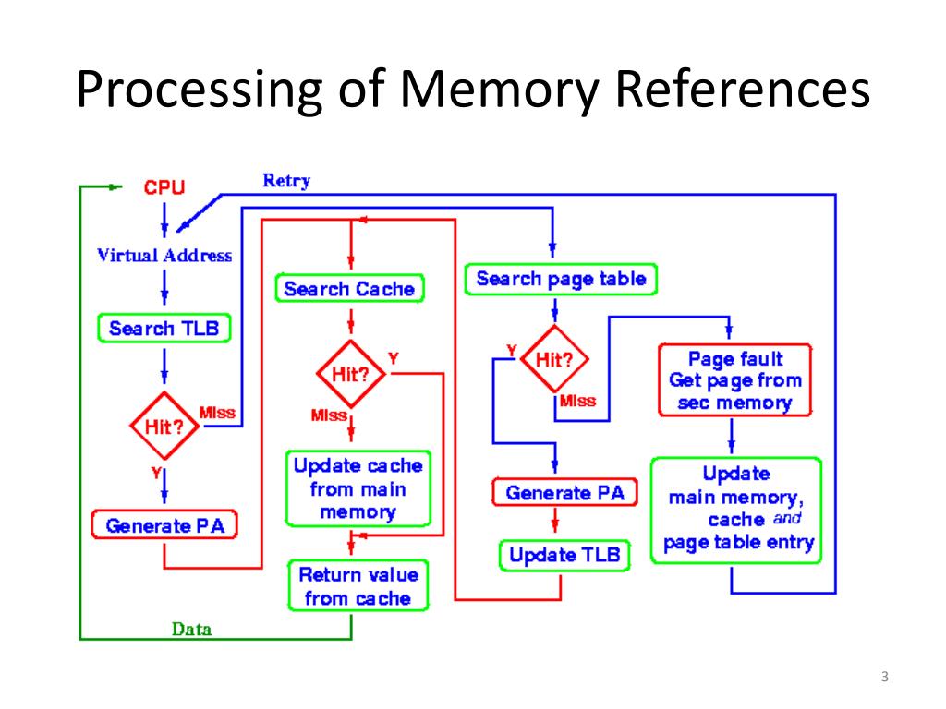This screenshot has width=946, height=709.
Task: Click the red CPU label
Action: pos(164,187)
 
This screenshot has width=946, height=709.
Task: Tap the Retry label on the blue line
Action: pos(286,180)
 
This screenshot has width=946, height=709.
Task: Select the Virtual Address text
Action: pos(164,256)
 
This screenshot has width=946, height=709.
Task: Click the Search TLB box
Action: pos(164,329)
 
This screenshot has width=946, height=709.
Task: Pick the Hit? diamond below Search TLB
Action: pos(164,426)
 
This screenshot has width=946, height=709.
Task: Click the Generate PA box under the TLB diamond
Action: pos(164,525)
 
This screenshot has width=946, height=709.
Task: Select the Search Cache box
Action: pos(350,289)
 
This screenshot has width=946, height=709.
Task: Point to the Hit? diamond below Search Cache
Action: pos(350,374)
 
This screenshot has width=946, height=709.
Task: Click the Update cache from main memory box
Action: pos(358,488)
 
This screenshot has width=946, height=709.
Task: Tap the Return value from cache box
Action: pos(358,586)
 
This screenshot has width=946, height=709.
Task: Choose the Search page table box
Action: pos(561,279)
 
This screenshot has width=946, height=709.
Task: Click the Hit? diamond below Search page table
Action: pos(554,359)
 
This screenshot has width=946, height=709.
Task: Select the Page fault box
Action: pos(735,379)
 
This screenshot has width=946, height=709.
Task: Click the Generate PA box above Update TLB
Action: pos(564,493)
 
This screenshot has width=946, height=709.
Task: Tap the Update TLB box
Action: pos(564,555)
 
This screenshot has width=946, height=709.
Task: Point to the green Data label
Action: pos(192,630)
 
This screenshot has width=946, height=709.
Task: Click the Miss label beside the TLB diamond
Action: pos(217,413)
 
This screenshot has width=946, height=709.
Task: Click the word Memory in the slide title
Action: pos(499,90)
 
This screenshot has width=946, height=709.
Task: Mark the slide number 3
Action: pos(884,677)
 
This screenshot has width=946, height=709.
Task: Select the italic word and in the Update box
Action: pos(787,519)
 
